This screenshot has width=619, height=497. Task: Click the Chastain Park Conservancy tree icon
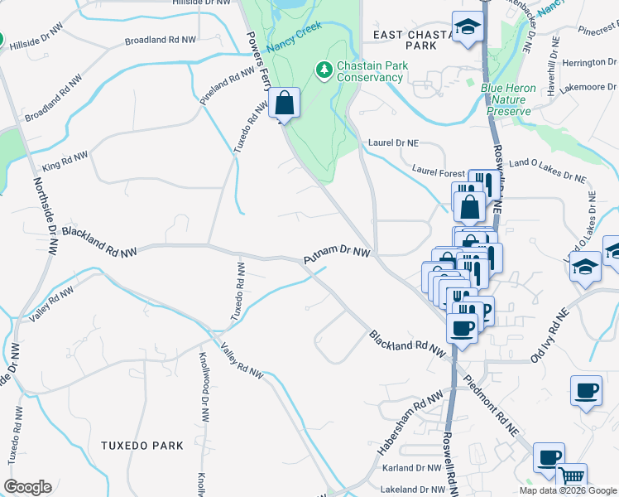tap(324, 69)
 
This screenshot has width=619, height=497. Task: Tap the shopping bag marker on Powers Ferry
tap(284, 105)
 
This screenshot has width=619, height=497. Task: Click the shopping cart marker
tap(571, 478)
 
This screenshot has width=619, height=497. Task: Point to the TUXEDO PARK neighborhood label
tap(142, 446)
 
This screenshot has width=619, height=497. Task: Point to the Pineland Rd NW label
tap(228, 84)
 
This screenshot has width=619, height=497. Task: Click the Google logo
tap(27, 487)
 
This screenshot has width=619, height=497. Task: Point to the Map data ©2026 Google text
tap(568, 490)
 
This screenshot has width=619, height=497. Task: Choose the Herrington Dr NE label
tap(573, 63)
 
